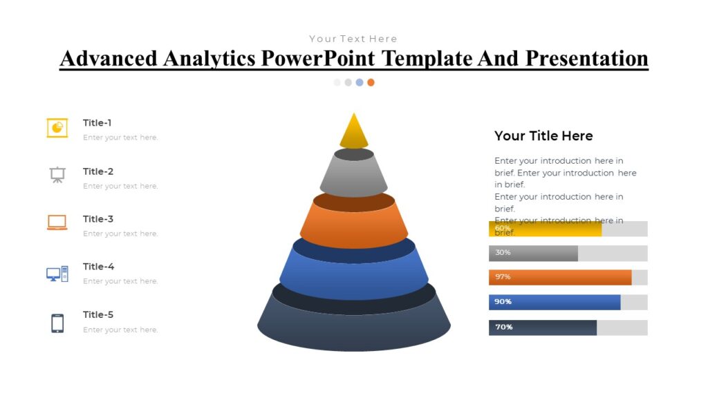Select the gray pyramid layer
pos(354,176)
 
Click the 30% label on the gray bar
pos(503,253)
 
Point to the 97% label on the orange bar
pos(503,277)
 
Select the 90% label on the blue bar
pos(503,302)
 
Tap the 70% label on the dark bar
pos(503,327)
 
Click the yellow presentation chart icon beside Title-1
pos(57,128)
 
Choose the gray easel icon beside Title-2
pos(57,175)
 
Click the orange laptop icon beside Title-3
pos(57,222)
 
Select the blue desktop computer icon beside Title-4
pos(57,274)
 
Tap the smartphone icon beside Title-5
pos(57,323)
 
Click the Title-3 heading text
pos(98,219)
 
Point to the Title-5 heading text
pos(98,315)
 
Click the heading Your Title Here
pos(543,136)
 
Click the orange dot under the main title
pos(371,82)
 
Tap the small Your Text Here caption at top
pos(353,39)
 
